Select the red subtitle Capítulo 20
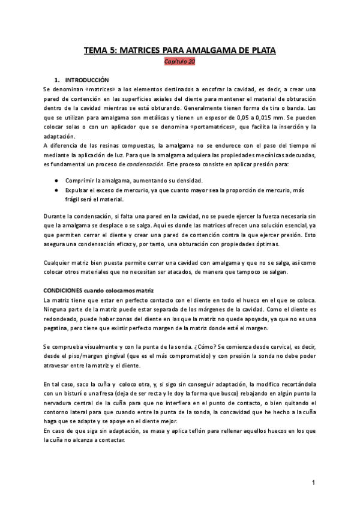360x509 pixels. click(179, 61)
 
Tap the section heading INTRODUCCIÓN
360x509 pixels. click(86, 79)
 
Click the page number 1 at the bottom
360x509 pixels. click(313, 483)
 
